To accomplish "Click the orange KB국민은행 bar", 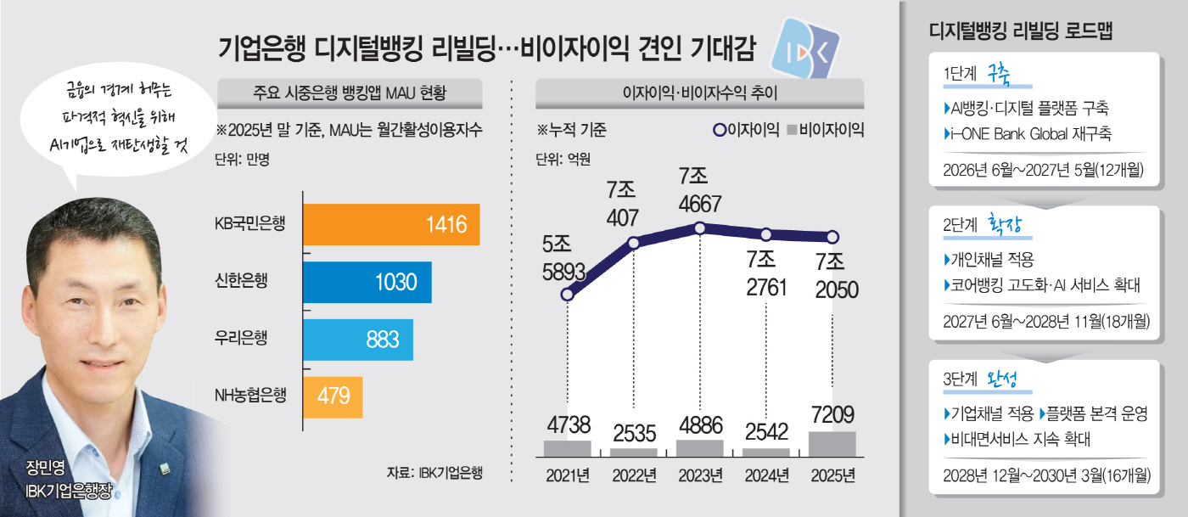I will click(391, 225).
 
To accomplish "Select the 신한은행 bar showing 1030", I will click(367, 283).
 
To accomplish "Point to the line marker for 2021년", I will click(568, 295).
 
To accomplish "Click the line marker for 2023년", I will click(699, 228).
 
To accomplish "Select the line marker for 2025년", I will click(832, 237).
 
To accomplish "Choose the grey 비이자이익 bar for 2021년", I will click(568, 449).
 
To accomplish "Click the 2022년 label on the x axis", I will click(633, 475).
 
